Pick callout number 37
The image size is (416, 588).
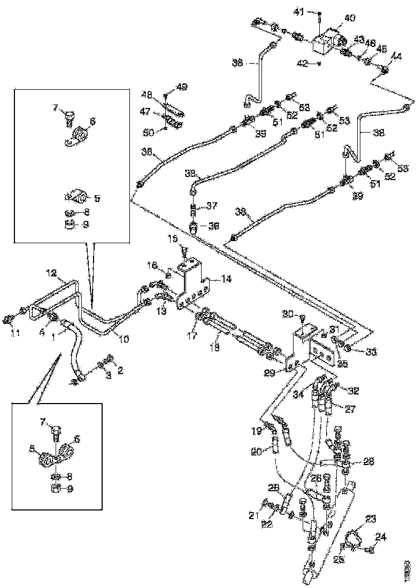[213, 206]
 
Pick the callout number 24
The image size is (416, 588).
[381, 538]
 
